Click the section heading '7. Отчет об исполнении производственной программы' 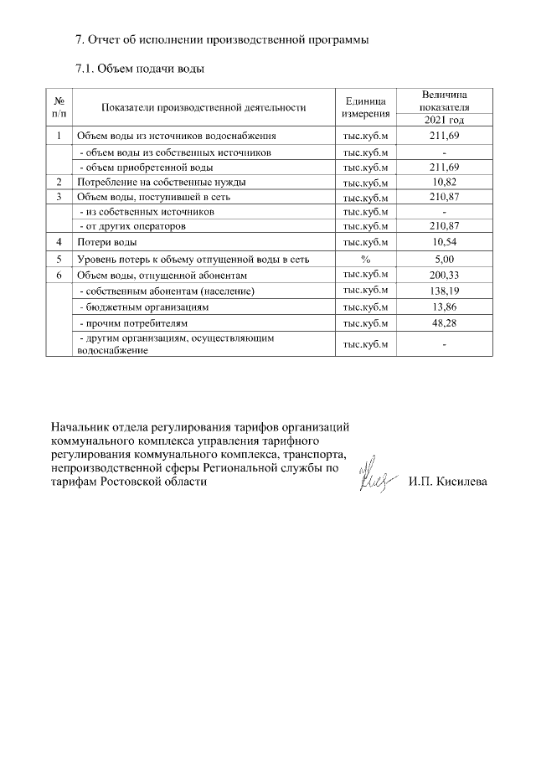222,39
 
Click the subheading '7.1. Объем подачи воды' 140,69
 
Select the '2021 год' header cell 445,120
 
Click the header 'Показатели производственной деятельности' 204,107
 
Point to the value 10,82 445,182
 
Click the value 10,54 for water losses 445,243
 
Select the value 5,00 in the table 445,260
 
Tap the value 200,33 445,275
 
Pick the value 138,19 445,291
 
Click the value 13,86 445,307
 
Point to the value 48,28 445,322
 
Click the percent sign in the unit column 365,260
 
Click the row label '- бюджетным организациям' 143,307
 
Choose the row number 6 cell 59,275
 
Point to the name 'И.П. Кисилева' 448,483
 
